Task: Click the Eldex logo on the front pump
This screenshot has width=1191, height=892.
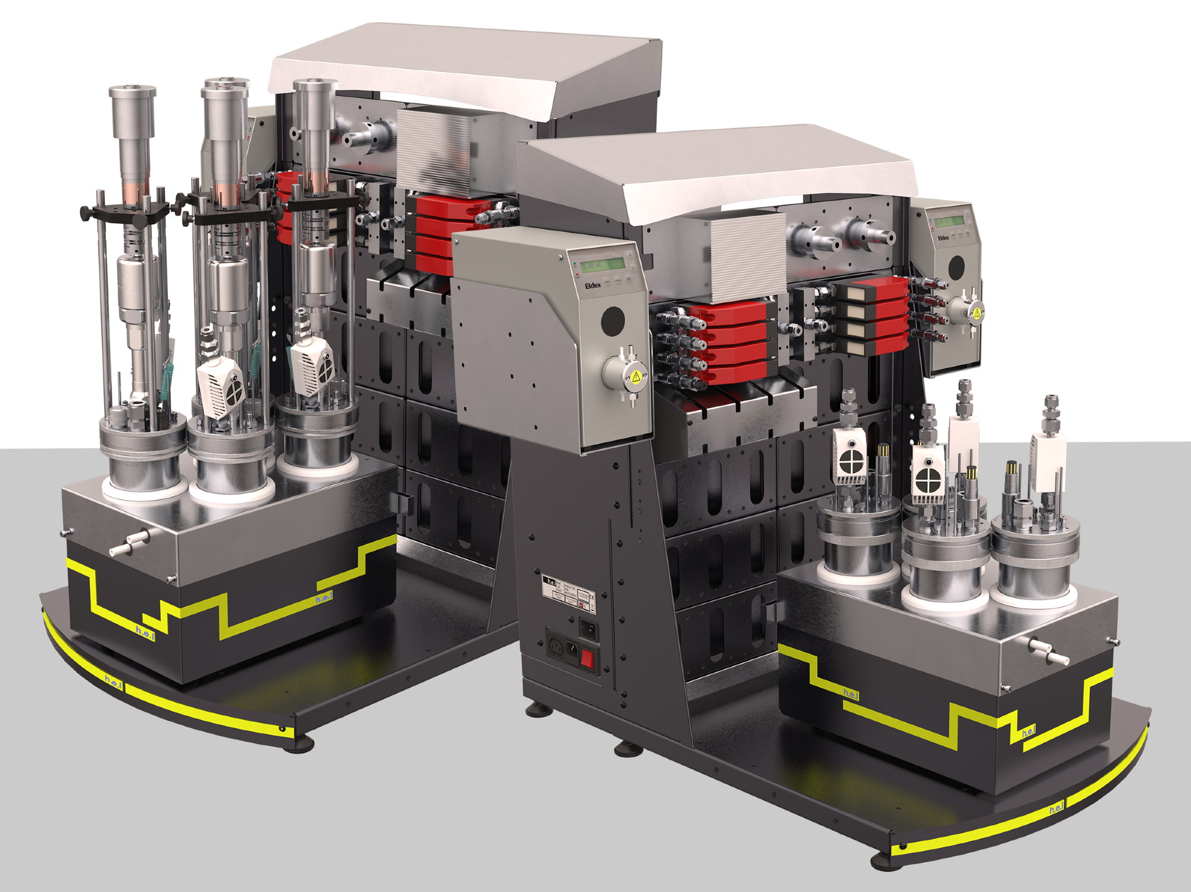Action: [x=593, y=286]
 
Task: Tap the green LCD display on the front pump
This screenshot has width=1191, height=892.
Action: [x=603, y=264]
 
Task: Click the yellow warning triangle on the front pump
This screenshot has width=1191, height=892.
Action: [x=636, y=376]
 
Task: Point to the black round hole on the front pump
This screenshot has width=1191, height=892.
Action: [x=613, y=320]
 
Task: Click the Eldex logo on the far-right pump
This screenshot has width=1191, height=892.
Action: [x=944, y=237]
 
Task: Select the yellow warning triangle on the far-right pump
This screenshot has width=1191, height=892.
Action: [x=977, y=312]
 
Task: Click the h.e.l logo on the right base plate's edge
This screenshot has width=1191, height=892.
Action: [x=1056, y=809]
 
